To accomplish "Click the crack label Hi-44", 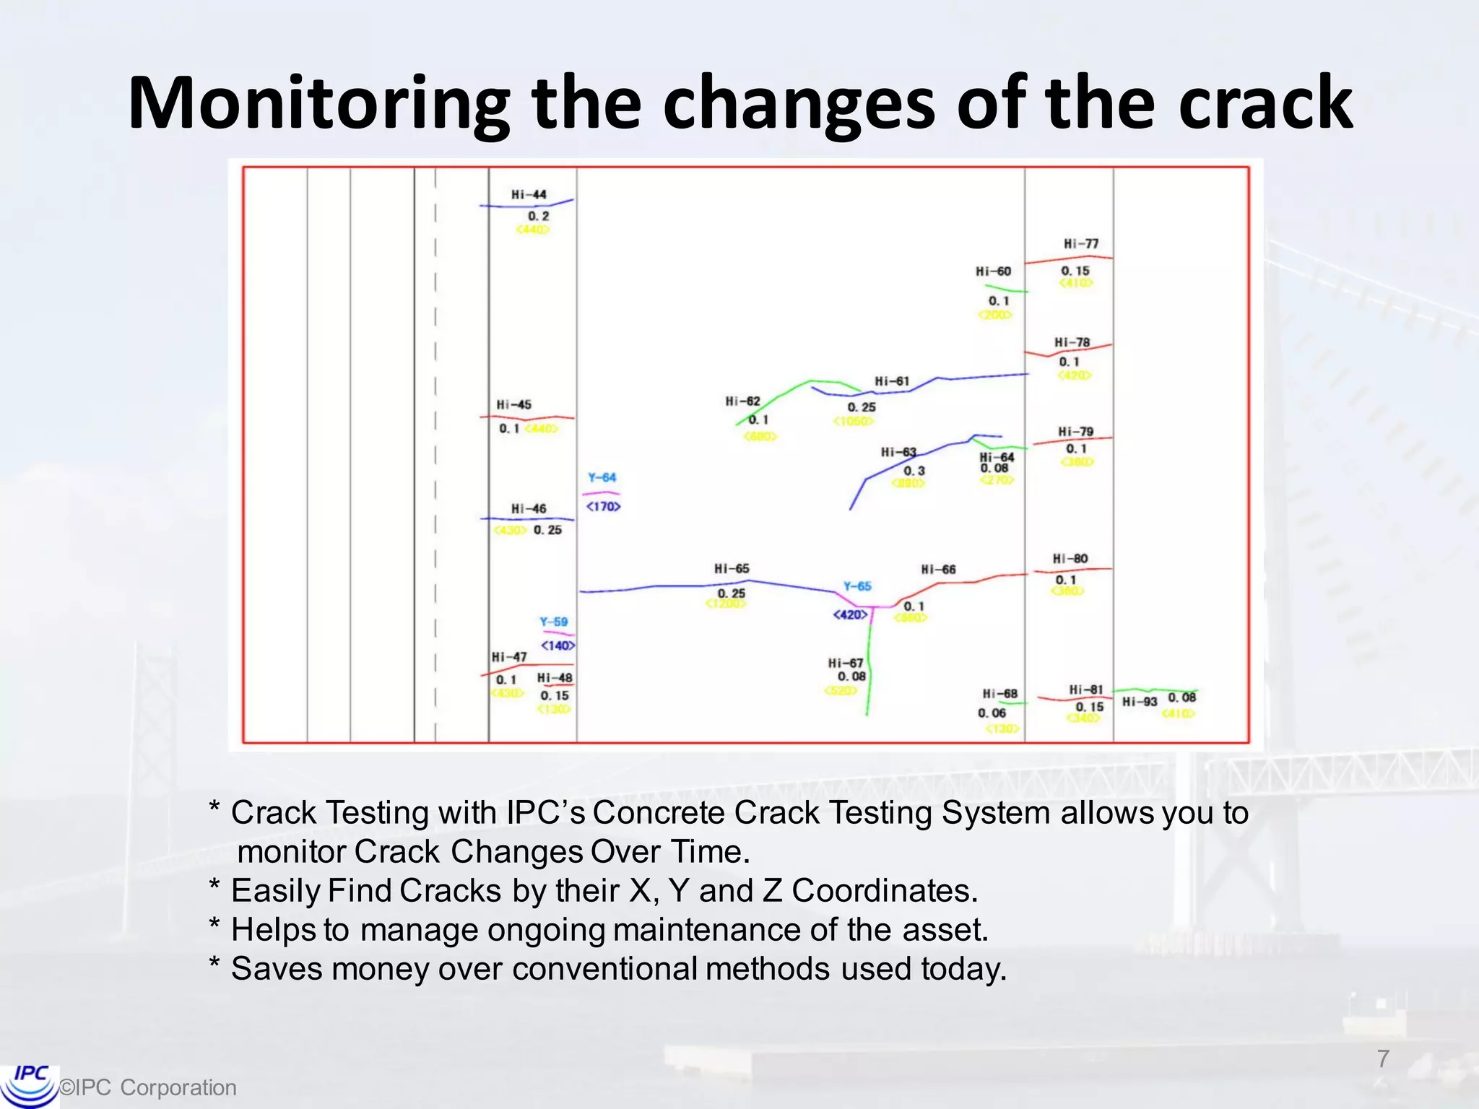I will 529,195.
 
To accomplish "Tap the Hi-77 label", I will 1080,244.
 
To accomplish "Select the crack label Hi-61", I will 892,381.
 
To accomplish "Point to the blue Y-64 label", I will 602,477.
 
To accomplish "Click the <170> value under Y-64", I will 603,507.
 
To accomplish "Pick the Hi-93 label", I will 1140,702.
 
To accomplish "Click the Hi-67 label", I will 845,663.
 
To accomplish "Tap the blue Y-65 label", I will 857,586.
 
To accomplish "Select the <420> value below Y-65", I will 850,614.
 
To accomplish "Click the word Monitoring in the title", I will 318,105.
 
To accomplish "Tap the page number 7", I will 1383,1058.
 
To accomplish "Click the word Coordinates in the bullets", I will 884,891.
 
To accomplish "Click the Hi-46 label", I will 529,509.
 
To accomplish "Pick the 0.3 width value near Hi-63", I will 914,471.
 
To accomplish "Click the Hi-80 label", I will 1070,559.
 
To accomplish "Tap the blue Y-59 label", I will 553,622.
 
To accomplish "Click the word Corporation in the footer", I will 178,1087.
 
